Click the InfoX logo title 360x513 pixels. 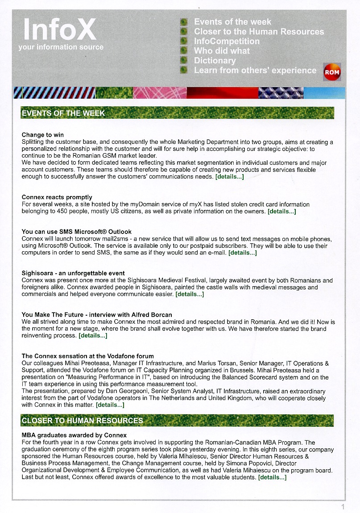[x=59, y=29]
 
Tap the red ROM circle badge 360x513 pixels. [x=332, y=72]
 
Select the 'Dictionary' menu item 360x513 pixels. [x=215, y=61]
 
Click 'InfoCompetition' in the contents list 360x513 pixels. [x=227, y=42]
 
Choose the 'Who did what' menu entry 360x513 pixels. [x=222, y=51]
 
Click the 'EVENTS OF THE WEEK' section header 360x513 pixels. [x=63, y=113]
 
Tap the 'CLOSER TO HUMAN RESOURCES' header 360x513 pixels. [x=83, y=421]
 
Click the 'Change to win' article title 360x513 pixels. [x=43, y=135]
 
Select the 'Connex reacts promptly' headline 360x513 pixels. [x=57, y=197]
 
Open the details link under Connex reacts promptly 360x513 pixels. [x=281, y=212]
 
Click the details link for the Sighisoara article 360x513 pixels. [x=190, y=295]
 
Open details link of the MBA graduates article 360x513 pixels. [x=272, y=477]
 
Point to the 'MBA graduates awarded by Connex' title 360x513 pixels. [x=74, y=435]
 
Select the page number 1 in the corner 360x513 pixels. [x=343, y=507]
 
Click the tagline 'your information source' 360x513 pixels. [x=61, y=47]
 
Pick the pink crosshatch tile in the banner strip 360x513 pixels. [x=160, y=92]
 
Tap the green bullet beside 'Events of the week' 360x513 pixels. [x=183, y=22]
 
